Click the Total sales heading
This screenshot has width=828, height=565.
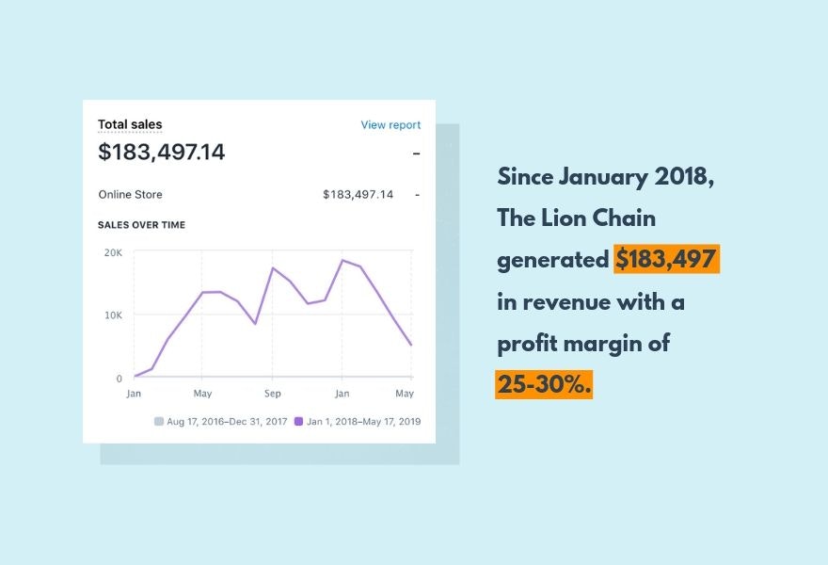point(130,124)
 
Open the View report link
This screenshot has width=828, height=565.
point(390,124)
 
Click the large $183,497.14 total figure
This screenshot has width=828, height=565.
point(162,152)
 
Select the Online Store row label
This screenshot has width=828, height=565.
point(130,195)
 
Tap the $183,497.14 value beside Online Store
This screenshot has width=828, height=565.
point(358,195)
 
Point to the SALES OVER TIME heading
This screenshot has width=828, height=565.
point(141,225)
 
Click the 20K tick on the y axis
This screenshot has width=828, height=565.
point(113,252)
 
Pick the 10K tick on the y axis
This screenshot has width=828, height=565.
point(113,315)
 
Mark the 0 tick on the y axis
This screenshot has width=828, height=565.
point(119,379)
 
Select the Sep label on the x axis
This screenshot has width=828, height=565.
point(272,394)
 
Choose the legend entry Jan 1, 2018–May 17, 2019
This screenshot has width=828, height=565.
point(358,422)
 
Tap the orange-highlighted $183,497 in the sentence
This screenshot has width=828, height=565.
point(666,259)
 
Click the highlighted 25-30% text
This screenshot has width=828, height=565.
point(544,384)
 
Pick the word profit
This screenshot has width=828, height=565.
point(528,343)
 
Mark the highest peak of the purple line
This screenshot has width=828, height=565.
point(342,260)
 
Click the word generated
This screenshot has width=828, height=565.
point(552,260)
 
